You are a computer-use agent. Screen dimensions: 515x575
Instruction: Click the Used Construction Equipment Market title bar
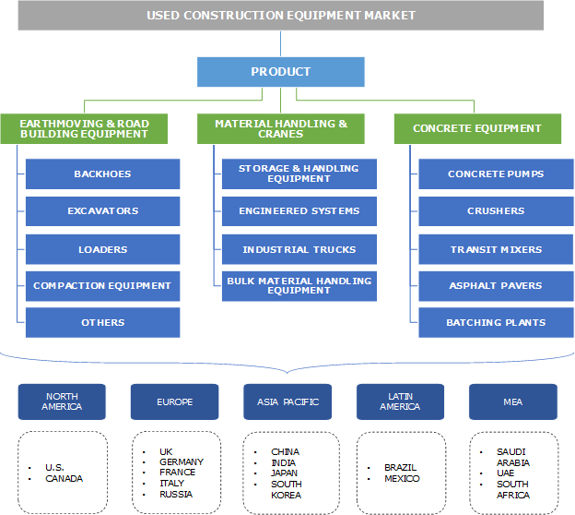point(280,16)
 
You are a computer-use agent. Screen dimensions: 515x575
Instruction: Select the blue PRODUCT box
point(280,72)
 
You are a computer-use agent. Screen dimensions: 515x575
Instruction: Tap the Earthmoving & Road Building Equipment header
point(84,128)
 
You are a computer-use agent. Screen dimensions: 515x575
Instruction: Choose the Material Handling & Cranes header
point(281,128)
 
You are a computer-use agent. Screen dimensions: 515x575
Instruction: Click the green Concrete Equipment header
point(476,128)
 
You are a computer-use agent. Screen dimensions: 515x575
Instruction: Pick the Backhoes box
point(102,174)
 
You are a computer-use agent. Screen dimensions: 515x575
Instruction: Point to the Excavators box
point(102,211)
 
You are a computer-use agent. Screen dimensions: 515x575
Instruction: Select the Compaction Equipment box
point(102,286)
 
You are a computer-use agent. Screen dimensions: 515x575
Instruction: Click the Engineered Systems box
point(299,211)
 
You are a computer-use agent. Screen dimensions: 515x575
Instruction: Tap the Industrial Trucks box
point(299,250)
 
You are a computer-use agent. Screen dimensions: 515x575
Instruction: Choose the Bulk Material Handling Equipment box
point(299,286)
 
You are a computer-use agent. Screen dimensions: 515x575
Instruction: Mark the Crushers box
point(495,211)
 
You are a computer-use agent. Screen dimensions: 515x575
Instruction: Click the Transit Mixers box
point(495,250)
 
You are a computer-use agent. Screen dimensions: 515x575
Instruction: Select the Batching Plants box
point(495,323)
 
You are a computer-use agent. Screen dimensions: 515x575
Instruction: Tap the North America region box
point(62,402)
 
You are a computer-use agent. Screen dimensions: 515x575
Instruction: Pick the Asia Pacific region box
point(287,402)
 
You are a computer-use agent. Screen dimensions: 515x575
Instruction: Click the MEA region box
point(512,402)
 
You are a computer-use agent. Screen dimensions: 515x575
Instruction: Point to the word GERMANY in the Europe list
point(182,462)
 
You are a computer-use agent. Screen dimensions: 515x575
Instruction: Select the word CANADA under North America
point(64,479)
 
